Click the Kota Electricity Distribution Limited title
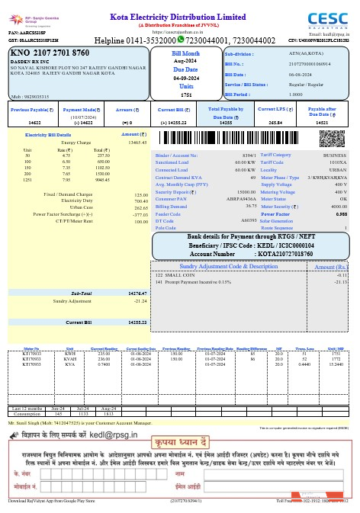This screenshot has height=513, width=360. pos(182,16)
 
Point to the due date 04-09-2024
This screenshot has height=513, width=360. pos(186,78)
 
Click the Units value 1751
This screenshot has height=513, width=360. pos(186,95)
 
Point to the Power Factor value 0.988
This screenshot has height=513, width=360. pos(340,214)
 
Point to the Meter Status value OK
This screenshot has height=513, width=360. pos(344,199)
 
